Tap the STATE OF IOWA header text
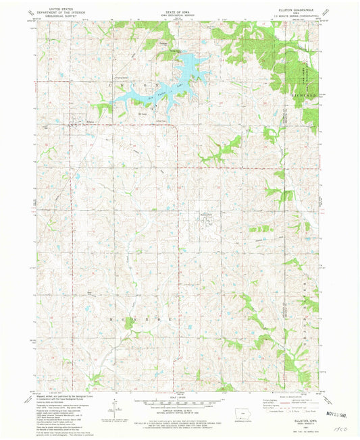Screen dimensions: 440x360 (179, 8)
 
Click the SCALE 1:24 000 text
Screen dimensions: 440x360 (178, 389)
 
